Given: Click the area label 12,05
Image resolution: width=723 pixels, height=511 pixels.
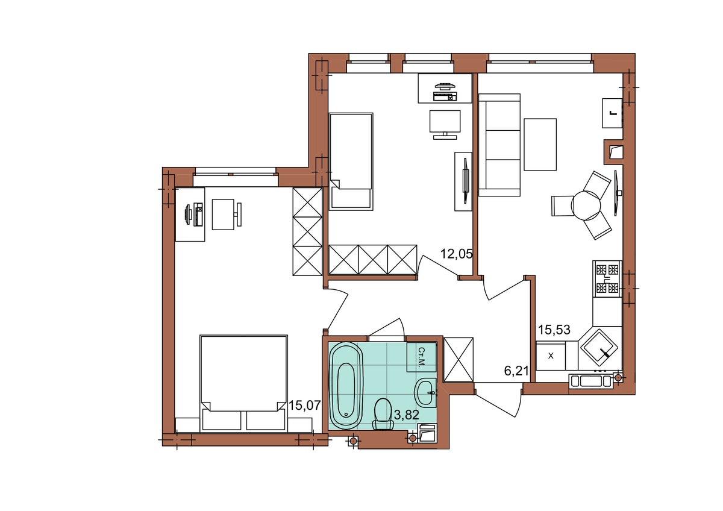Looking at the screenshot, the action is coord(457,254).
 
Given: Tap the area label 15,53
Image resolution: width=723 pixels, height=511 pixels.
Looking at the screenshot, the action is coord(554,330).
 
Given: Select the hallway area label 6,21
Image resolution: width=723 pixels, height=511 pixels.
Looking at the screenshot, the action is coord(516,371).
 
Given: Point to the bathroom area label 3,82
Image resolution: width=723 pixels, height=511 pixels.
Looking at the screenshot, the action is coord(407,415).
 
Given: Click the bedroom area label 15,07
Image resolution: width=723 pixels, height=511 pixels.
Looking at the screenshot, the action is coord(305,405).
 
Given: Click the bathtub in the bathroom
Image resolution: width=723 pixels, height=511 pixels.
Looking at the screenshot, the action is coord(346,386).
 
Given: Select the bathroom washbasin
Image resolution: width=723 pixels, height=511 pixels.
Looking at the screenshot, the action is coord(425,392).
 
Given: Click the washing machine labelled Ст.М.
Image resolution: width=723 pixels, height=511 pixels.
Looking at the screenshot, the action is coord(422,357).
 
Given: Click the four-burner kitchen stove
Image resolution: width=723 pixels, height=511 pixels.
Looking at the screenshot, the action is coord(607,279).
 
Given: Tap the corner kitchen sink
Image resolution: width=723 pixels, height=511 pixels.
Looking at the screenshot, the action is coord(599,347).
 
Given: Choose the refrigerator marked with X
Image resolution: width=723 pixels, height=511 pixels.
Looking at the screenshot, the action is coord(551,356).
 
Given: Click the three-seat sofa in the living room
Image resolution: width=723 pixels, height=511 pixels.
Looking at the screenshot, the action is coord(499,145).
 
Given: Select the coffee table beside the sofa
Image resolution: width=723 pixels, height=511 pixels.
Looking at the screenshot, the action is coord(540,144).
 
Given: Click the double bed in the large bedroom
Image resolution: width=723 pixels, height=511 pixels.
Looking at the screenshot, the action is coord(243,383).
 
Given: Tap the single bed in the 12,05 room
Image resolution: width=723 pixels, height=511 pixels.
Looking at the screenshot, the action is coord(351,161).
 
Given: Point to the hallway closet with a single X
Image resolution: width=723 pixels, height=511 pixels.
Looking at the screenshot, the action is coord(459,360).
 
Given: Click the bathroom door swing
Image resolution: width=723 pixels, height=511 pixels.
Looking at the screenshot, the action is coord(387,327).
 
